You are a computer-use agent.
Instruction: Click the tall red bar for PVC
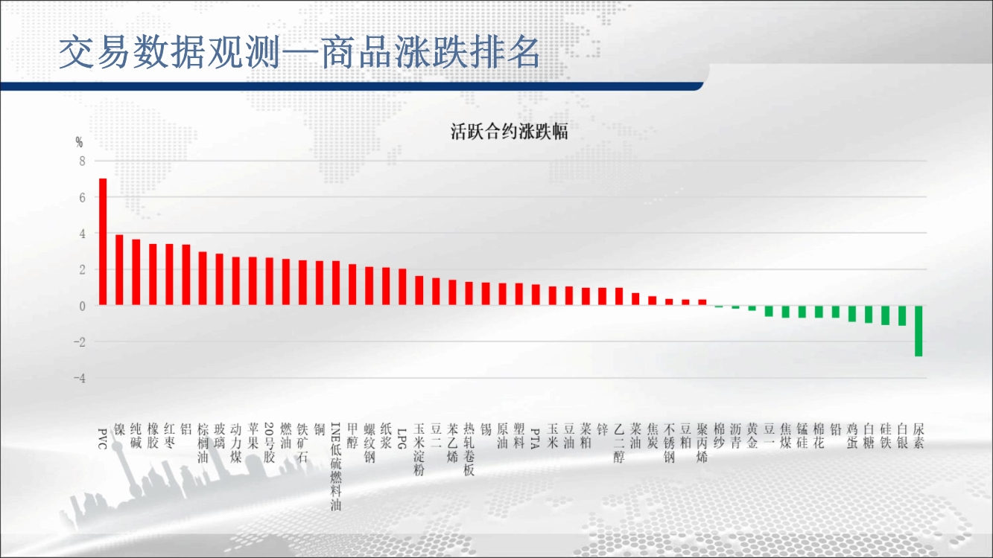point(103,242)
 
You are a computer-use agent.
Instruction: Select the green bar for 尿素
point(919,331)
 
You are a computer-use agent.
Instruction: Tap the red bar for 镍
point(119,269)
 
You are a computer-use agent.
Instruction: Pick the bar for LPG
point(402,287)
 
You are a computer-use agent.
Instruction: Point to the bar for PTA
point(536,295)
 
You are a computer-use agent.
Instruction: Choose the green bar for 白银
point(902,315)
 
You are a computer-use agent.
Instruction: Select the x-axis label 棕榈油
point(203,443)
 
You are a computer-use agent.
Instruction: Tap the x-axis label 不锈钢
point(669,443)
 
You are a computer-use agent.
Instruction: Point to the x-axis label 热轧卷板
point(469,449)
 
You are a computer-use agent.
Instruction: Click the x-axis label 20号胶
point(270,443)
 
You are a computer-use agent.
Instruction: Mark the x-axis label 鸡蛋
point(852,436)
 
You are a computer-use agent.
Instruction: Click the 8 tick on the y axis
point(82,161)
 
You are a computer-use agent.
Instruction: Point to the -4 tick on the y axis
point(80,378)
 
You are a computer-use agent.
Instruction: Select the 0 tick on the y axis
point(83,306)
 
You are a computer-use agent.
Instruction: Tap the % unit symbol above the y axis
point(80,142)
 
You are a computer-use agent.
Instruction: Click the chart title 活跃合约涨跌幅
point(510,132)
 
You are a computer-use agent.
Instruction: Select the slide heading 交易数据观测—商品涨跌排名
point(299,52)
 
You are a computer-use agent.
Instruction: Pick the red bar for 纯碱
point(136,272)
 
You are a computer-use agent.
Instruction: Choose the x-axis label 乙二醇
point(619,443)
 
